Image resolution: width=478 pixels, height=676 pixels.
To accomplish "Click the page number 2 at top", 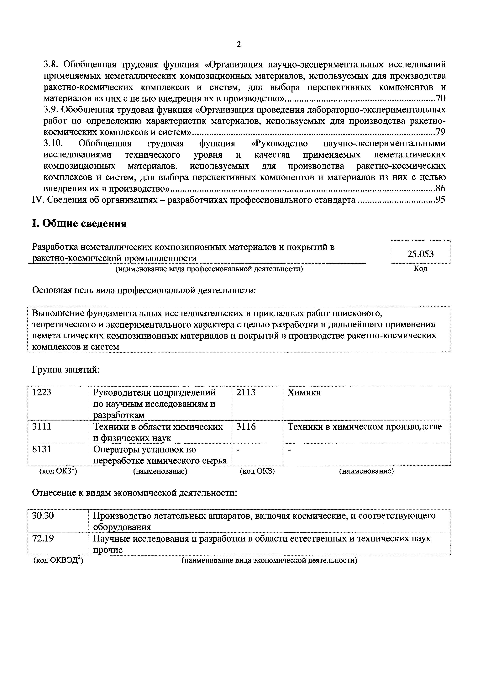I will click(239, 45).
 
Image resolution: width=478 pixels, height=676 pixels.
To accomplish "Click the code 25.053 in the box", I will click(420, 254).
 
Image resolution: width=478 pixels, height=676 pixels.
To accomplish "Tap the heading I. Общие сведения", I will click(79, 224).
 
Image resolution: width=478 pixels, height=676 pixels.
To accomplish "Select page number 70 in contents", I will click(440, 98).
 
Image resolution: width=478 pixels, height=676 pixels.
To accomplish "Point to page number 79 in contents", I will click(440, 132).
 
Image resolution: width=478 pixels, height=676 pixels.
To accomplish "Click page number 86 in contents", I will click(440, 188).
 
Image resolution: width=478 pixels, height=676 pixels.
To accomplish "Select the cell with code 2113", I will click(246, 393).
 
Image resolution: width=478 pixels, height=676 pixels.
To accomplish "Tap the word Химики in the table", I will click(304, 393).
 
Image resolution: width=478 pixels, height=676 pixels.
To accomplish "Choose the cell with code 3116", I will click(246, 427).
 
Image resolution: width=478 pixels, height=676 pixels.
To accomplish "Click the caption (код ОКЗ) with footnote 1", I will click(58, 471).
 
